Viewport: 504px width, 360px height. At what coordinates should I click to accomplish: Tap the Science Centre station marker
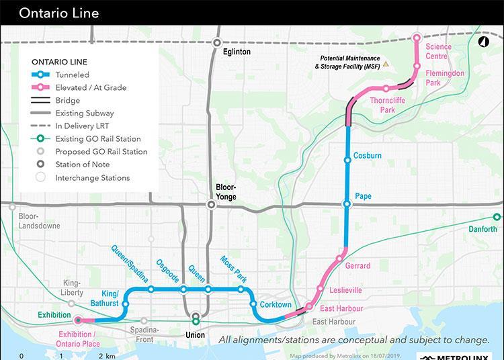[x=417, y=38]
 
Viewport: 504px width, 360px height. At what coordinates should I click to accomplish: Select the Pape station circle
[x=347, y=204]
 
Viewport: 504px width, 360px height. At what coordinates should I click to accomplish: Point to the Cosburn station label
[x=367, y=156]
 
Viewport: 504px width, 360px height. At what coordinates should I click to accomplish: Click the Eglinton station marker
[x=217, y=42]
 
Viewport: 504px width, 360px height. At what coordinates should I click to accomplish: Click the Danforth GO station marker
[x=497, y=217]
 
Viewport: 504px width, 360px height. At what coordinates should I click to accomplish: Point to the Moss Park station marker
[x=241, y=289]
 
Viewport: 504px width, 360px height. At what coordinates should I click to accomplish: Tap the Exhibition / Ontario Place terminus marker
[x=78, y=321]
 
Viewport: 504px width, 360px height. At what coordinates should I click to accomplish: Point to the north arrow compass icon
[x=482, y=42]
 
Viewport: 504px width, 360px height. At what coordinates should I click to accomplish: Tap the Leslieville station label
[x=346, y=291]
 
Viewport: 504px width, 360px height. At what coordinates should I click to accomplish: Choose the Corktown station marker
[x=253, y=304]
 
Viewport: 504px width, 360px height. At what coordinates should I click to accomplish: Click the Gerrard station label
[x=358, y=266]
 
